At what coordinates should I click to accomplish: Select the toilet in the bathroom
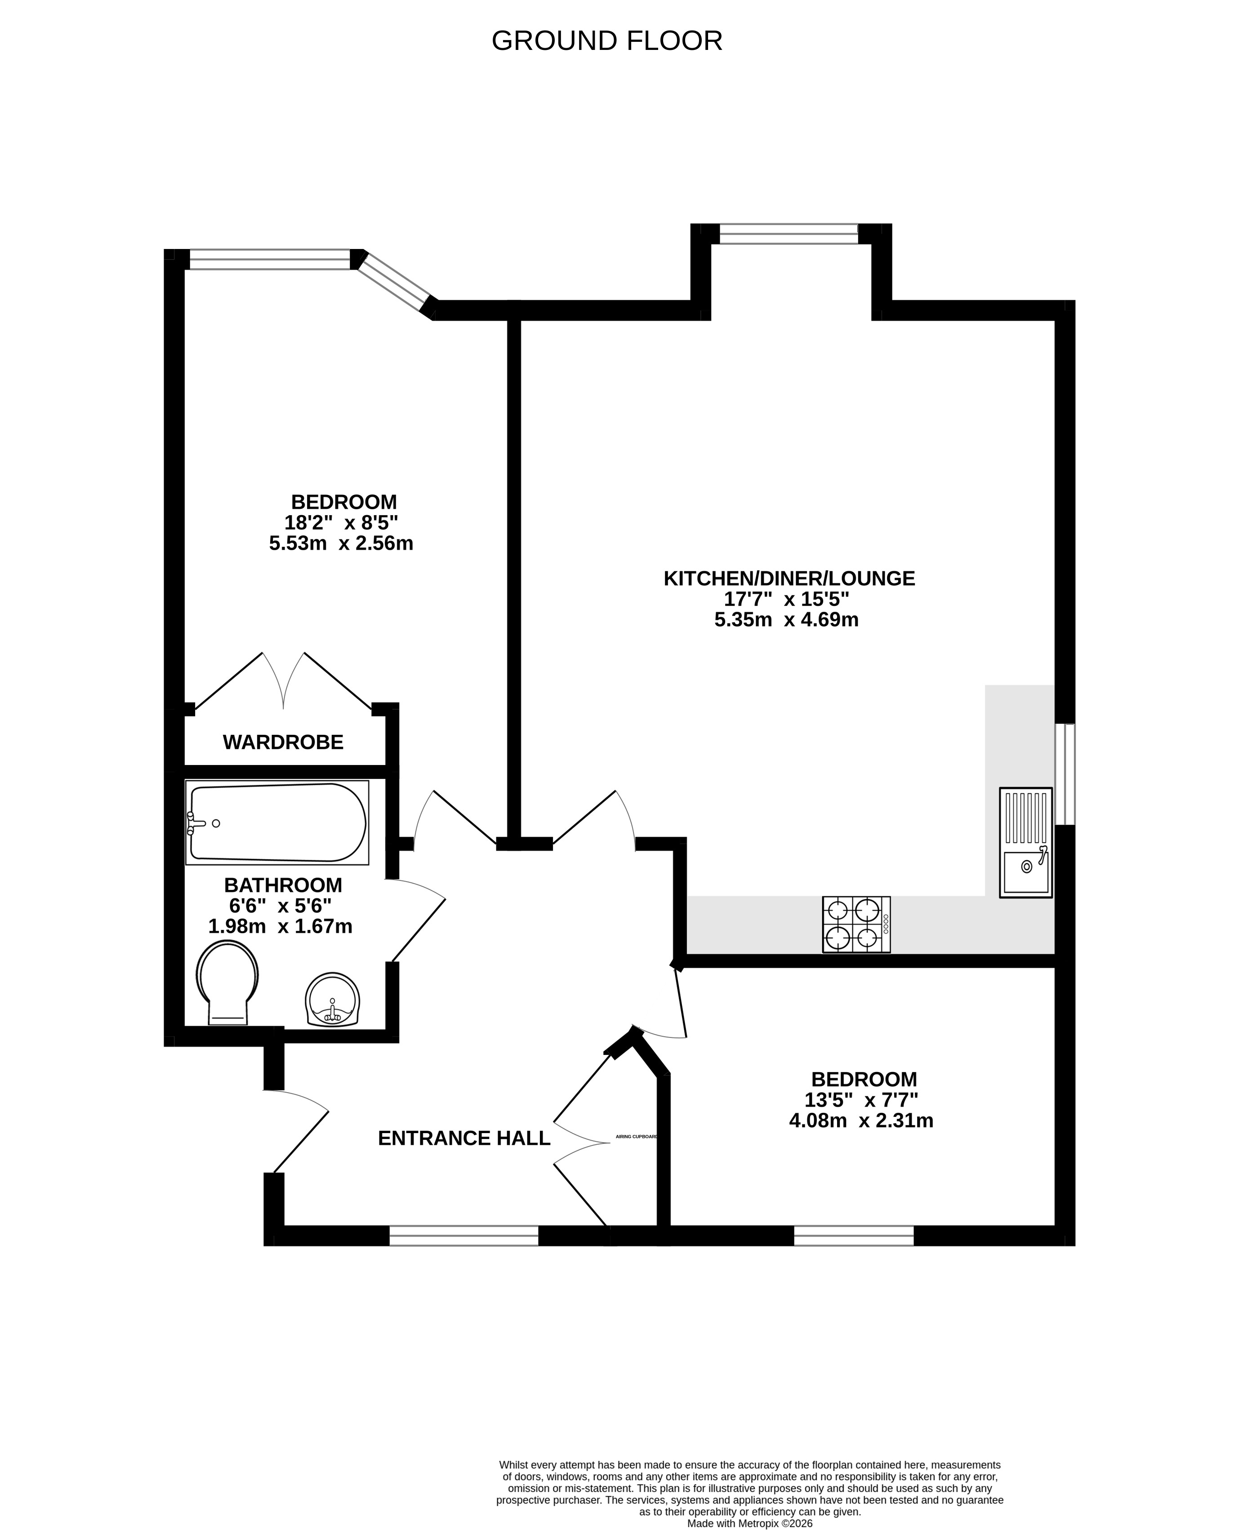(227, 982)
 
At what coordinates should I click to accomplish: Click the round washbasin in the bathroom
(333, 1000)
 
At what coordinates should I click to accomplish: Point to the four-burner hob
(856, 924)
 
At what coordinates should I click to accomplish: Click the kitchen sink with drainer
(1025, 842)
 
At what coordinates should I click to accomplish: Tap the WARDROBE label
(283, 742)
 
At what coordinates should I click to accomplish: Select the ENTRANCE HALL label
(464, 1138)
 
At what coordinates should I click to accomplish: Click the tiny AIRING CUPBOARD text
(636, 1137)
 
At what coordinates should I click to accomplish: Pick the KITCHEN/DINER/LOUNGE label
(789, 578)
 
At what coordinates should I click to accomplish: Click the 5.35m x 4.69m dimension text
(786, 619)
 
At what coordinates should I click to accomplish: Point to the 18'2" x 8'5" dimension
(341, 522)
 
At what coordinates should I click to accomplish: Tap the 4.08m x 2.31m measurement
(861, 1121)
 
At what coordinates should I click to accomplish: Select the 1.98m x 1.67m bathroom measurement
(281, 926)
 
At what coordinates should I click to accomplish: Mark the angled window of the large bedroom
(394, 282)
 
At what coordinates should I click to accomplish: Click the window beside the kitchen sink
(1065, 774)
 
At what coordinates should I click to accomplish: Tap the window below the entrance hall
(464, 1236)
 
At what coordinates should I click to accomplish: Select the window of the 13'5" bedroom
(854, 1236)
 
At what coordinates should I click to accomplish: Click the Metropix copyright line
(749, 1523)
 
